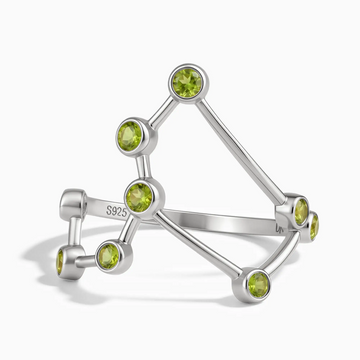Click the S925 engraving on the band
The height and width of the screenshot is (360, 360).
[x=117, y=210]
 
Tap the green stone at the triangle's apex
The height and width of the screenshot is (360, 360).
[x=187, y=83]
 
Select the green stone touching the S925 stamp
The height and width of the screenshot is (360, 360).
[x=140, y=198]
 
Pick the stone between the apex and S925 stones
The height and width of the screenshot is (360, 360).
[x=130, y=135]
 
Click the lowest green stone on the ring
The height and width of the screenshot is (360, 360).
[x=258, y=285]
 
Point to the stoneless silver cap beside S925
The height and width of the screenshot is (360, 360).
[x=73, y=204]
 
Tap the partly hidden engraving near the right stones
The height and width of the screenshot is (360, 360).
[x=279, y=228]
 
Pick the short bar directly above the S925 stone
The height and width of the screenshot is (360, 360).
[x=143, y=167]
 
